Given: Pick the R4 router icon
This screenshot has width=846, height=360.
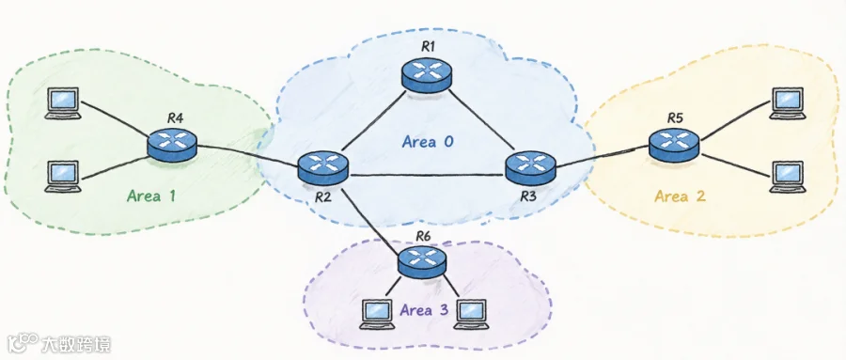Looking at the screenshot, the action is (x=172, y=144).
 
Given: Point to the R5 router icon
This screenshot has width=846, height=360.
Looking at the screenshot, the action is (x=674, y=143).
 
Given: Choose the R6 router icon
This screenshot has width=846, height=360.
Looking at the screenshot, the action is (x=422, y=261).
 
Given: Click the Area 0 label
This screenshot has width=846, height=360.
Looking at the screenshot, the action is (x=428, y=142).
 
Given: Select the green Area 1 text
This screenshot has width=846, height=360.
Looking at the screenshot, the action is (x=151, y=196).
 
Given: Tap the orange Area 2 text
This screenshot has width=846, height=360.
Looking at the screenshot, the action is (x=680, y=196).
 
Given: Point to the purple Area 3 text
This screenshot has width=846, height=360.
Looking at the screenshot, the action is (x=424, y=311).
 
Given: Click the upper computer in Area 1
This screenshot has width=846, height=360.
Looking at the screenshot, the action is (x=63, y=103).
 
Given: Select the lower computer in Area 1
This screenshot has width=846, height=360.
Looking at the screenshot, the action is (x=63, y=177).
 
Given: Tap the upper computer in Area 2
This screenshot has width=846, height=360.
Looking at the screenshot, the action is (x=788, y=103).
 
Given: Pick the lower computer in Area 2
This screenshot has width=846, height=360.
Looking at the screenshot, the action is (x=788, y=177).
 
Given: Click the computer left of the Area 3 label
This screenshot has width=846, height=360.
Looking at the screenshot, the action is (x=377, y=314).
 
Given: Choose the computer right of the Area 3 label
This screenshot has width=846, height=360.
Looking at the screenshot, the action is (x=472, y=314).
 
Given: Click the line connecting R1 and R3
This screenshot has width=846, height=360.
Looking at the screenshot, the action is (x=479, y=119).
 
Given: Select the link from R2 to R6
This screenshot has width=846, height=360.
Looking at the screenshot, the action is (x=371, y=217).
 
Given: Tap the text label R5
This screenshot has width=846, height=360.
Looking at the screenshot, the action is (x=675, y=117).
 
